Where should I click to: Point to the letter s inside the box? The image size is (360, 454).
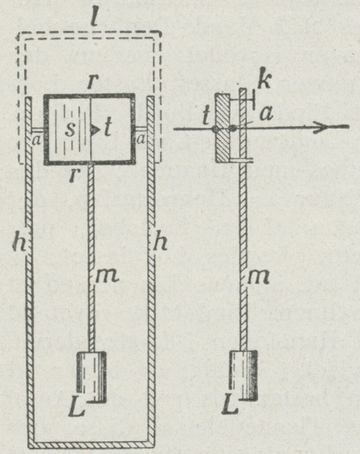click(70, 129)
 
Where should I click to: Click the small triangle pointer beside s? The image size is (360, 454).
click(95, 129)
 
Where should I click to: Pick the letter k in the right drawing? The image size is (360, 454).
click(264, 78)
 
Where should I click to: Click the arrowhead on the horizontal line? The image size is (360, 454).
click(321, 127)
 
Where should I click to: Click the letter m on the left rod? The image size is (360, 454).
click(107, 276)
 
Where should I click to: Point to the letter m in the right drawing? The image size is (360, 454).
click(258, 277)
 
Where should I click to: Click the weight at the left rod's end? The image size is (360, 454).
click(91, 376)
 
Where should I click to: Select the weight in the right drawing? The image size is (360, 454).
click(243, 375)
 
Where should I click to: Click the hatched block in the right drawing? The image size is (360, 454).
click(223, 127)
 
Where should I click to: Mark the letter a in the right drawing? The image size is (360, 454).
click(267, 113)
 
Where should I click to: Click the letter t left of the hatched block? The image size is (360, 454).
click(206, 115)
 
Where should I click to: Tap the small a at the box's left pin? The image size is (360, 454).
click(36, 141)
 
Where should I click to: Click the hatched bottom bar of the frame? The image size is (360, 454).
click(92, 444)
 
